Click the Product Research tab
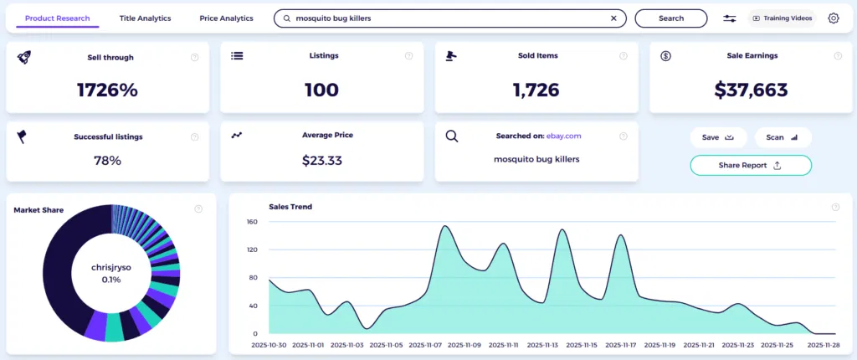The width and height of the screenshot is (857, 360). [58, 18]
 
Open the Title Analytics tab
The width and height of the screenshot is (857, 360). [145, 18]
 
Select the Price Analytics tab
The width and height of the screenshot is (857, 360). [226, 18]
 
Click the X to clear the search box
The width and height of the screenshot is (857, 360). [613, 18]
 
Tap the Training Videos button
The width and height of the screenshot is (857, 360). [782, 18]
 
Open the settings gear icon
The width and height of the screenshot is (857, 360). [834, 18]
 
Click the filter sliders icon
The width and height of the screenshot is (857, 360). [730, 18]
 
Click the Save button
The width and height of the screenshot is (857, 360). [717, 137]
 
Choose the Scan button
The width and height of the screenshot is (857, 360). [782, 137]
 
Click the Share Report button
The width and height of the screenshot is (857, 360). [750, 165]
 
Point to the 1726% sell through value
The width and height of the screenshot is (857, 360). [107, 90]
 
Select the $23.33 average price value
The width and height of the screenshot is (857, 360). [321, 160]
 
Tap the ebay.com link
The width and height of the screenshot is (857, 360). [563, 135]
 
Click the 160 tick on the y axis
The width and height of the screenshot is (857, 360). [252, 222]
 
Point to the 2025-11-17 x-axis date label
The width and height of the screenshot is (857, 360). [620, 345]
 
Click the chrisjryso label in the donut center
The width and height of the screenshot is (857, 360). [112, 266]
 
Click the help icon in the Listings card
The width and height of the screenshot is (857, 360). [409, 56]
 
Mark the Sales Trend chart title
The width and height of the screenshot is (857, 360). [290, 206]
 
